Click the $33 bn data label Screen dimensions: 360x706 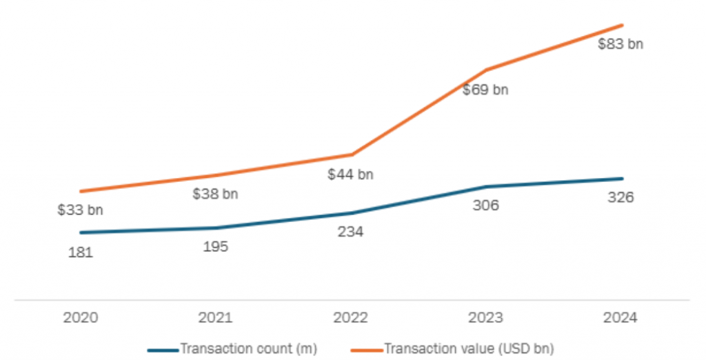coord(80,210)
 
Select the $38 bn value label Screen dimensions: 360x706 coord(215,194)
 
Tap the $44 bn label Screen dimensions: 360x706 coord(350,174)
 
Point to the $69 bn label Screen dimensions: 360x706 coord(485,90)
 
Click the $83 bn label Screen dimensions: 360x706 coord(621,45)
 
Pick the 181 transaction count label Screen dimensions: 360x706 coord(80,252)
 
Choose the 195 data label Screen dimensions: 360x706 coord(215,247)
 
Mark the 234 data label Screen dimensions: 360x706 coord(350,232)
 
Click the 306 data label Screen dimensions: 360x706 coord(485,205)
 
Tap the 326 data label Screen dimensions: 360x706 coord(621,197)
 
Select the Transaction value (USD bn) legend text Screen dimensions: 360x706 coord(469,349)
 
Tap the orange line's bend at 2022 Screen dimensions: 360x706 coord(351,154)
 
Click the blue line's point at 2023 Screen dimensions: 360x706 coord(486,187)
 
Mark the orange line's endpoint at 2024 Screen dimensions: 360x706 coord(623,26)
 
